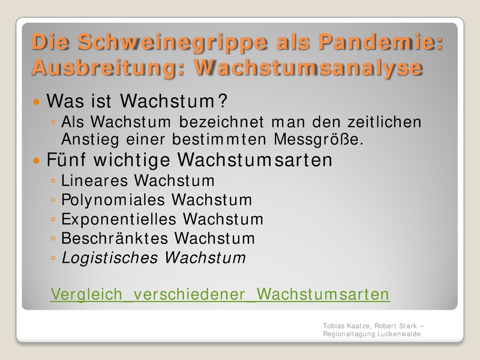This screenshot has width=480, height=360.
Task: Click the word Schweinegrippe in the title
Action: click(x=173, y=43)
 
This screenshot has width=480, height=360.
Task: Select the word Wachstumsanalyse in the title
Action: click(x=308, y=68)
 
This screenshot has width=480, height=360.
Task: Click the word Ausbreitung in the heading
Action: click(x=106, y=68)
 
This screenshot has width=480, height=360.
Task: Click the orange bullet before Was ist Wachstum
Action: click(x=37, y=101)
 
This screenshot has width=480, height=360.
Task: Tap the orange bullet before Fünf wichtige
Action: click(x=37, y=160)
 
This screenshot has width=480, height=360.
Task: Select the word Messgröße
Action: click(x=319, y=140)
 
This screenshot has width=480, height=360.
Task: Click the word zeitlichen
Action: click(x=385, y=122)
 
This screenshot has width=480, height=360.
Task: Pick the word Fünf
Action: click(x=66, y=159)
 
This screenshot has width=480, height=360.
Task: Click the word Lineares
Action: click(x=94, y=181)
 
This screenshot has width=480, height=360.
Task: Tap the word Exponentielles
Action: click(x=119, y=219)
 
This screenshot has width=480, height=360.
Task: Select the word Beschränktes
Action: click(x=115, y=238)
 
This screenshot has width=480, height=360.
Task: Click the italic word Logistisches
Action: click(x=110, y=258)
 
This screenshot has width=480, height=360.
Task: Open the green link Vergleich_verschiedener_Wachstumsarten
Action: click(x=220, y=294)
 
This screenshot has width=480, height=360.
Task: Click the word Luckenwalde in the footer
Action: click(x=399, y=334)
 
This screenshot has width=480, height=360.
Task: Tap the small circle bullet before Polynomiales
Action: click(x=53, y=200)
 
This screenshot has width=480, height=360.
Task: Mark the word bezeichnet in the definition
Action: click(x=221, y=122)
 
